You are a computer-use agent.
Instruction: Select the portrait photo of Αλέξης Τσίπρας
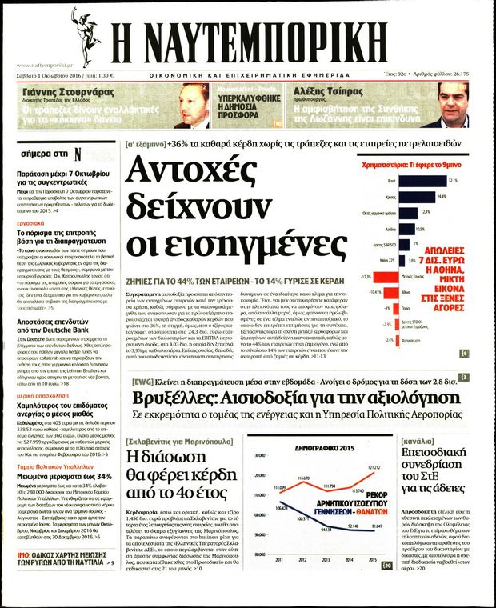(444, 106)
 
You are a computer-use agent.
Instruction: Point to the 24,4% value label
(442, 195)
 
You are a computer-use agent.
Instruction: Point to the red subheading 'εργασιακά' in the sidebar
(33, 223)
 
